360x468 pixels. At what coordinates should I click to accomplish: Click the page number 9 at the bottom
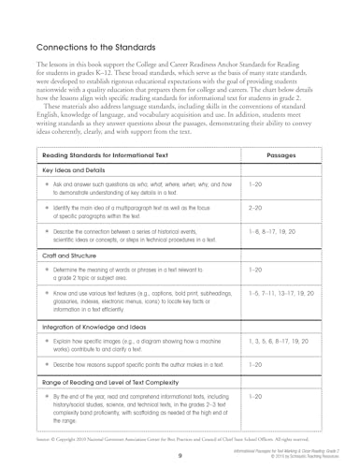[179, 454]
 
